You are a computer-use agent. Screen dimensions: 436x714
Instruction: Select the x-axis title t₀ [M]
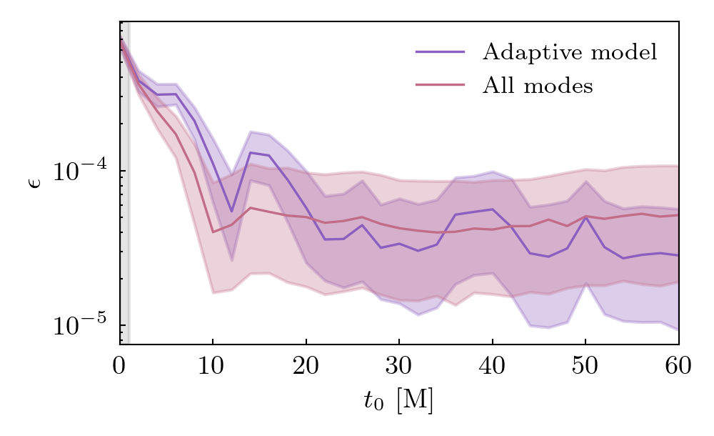point(398,402)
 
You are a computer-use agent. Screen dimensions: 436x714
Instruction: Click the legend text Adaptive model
point(569,52)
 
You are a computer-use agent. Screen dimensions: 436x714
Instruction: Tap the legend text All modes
point(538,86)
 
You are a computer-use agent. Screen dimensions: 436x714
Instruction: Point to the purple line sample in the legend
point(440,52)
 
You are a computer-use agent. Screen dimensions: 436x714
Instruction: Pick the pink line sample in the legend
point(440,86)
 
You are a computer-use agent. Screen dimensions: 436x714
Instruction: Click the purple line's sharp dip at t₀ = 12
point(231,212)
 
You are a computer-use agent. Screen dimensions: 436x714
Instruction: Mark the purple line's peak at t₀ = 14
point(250,152)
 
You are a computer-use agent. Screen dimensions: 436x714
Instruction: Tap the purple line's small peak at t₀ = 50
point(585,217)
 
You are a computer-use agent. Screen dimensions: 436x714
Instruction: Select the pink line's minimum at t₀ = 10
point(213,232)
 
